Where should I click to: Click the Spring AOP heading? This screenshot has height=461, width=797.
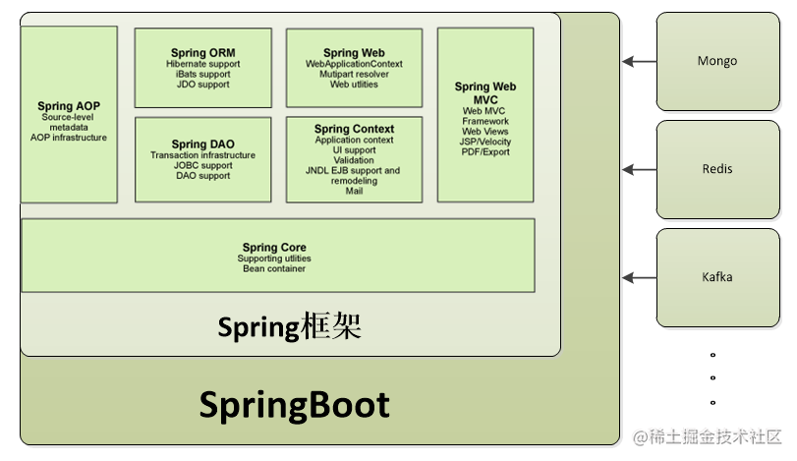tap(68, 106)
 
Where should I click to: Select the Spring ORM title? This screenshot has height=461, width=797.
tap(202, 53)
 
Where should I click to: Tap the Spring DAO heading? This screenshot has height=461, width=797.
tap(202, 144)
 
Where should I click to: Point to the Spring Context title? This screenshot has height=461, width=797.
tap(354, 129)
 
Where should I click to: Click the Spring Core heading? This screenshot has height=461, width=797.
tap(274, 248)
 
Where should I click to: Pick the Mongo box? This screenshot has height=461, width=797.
tap(716, 61)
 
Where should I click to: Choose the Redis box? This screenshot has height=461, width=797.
tap(716, 169)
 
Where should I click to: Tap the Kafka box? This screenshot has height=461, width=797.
tap(716, 277)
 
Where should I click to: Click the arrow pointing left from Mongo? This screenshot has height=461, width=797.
tap(640, 62)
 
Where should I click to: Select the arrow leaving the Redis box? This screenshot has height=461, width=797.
tap(640, 170)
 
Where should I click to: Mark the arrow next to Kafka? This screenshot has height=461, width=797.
tap(640, 278)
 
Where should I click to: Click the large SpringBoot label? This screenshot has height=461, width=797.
tap(295, 405)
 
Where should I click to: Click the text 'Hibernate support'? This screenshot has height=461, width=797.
tap(202, 64)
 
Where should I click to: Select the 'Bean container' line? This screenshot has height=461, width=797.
tap(274, 268)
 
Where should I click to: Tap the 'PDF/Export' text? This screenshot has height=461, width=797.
tap(485, 152)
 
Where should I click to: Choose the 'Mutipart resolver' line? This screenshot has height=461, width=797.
tap(354, 74)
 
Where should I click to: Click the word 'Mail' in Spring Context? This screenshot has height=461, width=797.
tap(354, 191)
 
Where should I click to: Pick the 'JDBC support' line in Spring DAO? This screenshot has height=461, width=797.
tap(202, 165)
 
